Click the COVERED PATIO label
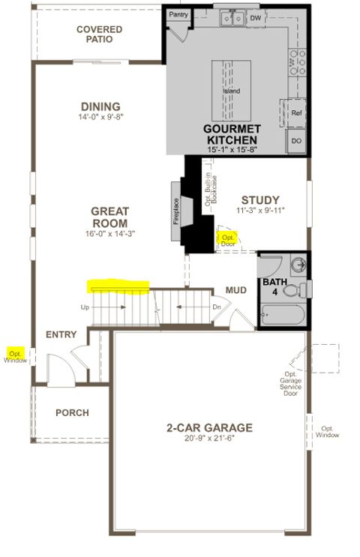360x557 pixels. click(99, 34)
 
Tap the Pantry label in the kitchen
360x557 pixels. click(178, 14)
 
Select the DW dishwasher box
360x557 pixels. click(256, 16)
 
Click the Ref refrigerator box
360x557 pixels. click(296, 112)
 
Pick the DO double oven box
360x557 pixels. click(296, 140)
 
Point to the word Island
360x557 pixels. click(231, 91)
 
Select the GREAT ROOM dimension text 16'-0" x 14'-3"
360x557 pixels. click(110, 235)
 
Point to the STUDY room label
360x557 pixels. click(260, 200)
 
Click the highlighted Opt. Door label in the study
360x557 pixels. click(226, 240)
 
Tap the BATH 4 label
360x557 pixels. click(271, 286)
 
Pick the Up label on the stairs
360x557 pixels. click(85, 307)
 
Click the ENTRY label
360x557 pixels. click(62, 334)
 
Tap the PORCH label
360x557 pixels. click(72, 412)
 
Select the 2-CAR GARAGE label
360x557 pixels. click(209, 428)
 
